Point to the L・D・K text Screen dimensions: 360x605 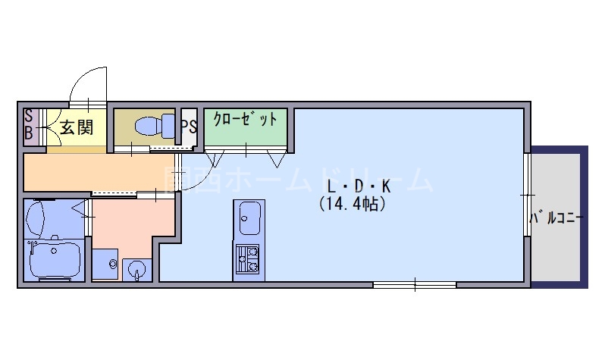click(x=357, y=186)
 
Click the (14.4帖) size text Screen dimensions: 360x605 click(x=352, y=204)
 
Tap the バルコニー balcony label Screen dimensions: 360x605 click(x=556, y=219)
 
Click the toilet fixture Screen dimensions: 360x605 click(x=152, y=126)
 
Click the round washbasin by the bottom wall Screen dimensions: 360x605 click(x=136, y=267)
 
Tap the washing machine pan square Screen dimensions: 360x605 click(x=107, y=264)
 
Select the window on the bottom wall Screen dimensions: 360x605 click(x=414, y=285)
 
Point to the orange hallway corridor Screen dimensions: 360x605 click(x=99, y=173)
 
